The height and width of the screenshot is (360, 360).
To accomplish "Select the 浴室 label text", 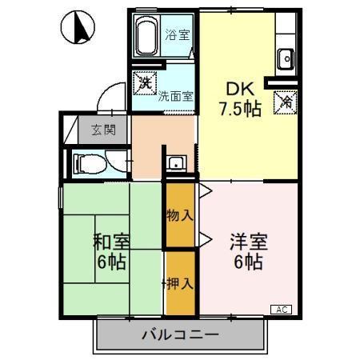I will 177,35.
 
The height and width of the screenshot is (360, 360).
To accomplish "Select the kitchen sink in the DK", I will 286,58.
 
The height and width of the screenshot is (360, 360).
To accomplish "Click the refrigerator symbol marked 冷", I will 286,102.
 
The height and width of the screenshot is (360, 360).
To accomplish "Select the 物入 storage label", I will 179,215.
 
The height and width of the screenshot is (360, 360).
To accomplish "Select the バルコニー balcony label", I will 181,334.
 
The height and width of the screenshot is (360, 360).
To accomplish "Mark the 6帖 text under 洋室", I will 249,262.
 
